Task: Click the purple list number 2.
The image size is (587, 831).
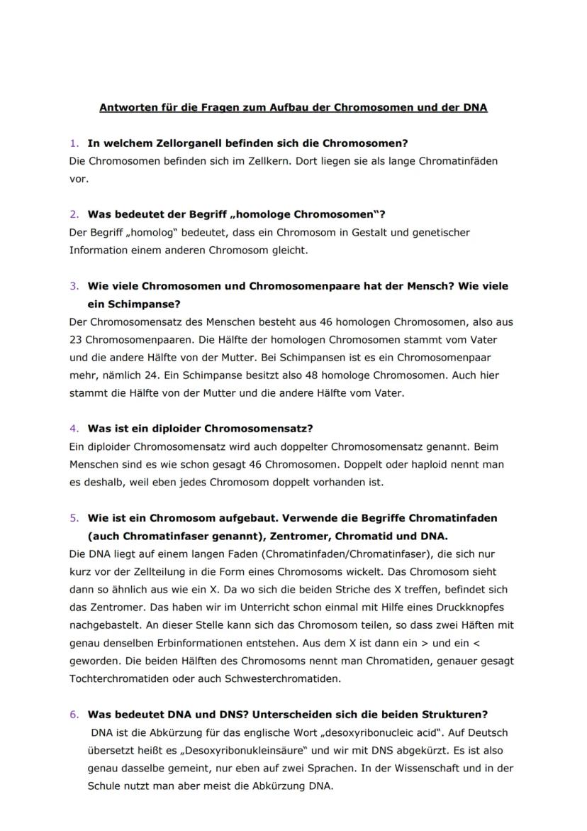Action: (x=73, y=214)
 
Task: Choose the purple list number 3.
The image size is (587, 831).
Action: (x=73, y=286)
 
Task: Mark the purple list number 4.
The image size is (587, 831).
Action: (x=73, y=429)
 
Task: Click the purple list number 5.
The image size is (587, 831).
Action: (x=73, y=518)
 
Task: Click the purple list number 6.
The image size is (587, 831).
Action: (x=73, y=714)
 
